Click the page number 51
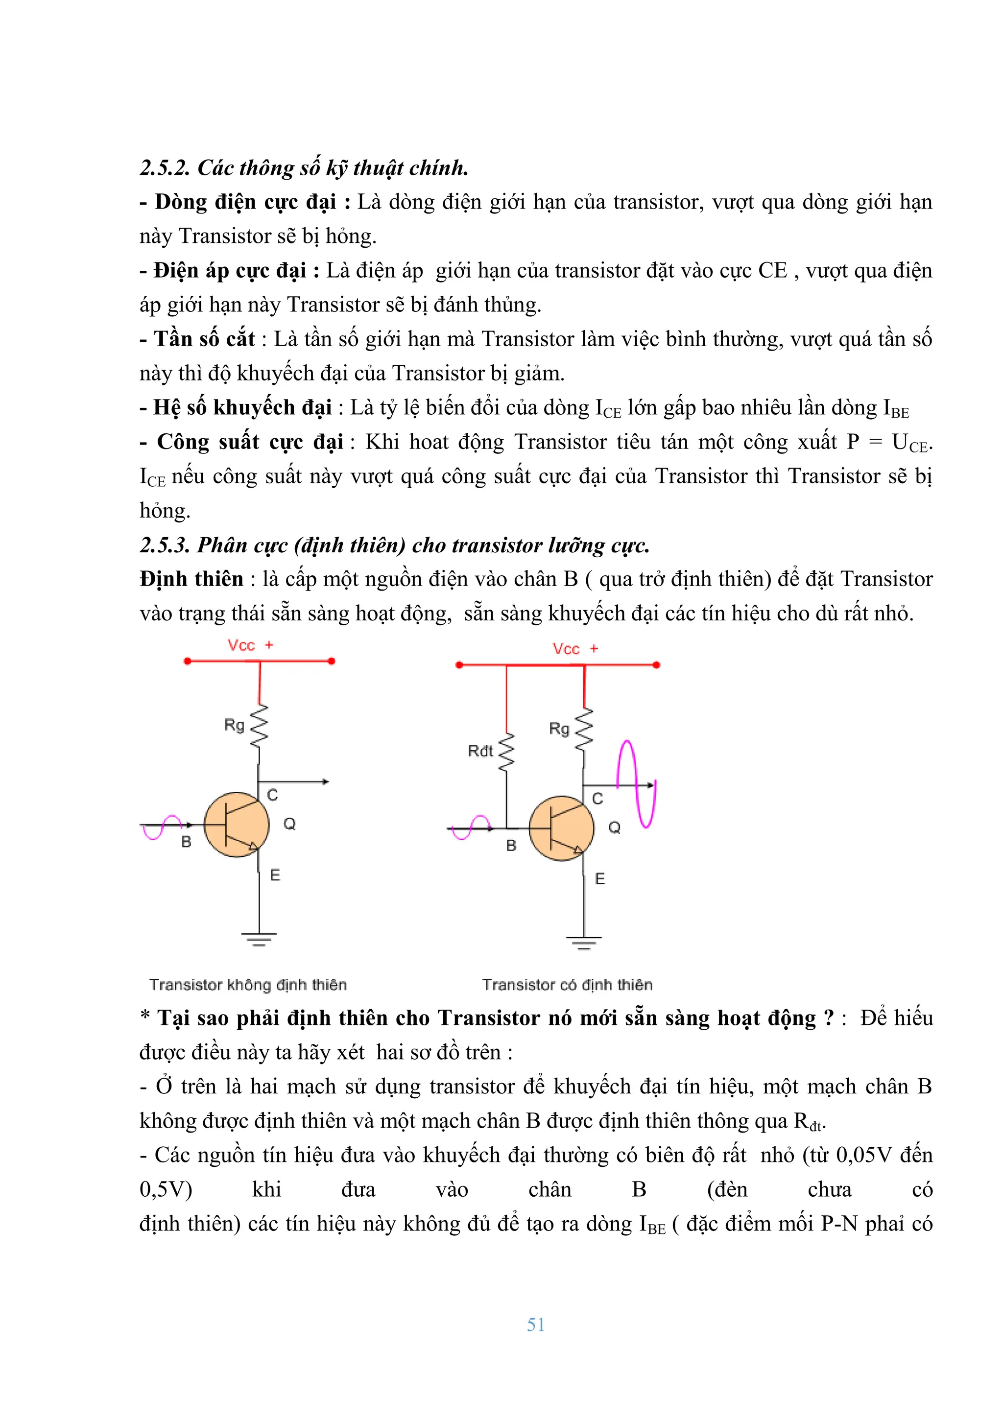click(x=535, y=1324)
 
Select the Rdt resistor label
click(x=480, y=751)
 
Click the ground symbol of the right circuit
click(x=583, y=943)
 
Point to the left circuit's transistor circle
click(x=237, y=825)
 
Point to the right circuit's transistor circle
click(x=561, y=828)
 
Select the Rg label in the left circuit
click(x=234, y=724)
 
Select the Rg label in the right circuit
click(x=559, y=729)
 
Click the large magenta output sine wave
click(x=637, y=783)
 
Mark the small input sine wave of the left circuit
click(x=162, y=827)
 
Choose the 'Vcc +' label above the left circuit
click(x=250, y=645)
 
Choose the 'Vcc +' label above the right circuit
click(x=575, y=649)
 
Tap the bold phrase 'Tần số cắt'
click(x=204, y=339)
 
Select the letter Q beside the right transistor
click(x=614, y=828)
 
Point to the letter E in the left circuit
click(x=275, y=875)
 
